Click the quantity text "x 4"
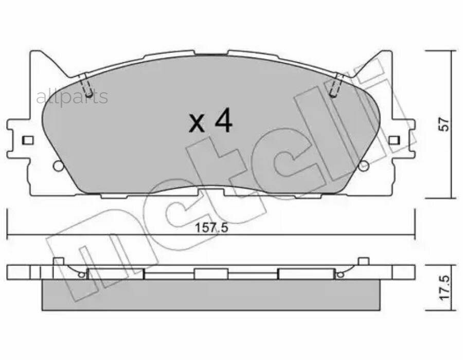210,122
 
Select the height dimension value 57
446,124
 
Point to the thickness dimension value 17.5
446,288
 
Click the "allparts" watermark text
72,97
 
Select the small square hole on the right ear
394,140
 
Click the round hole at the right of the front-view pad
364,166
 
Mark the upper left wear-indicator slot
86,85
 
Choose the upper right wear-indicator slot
336,85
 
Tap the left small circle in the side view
81,275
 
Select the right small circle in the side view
340,275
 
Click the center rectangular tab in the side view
210,274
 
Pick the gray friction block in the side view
210,295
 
